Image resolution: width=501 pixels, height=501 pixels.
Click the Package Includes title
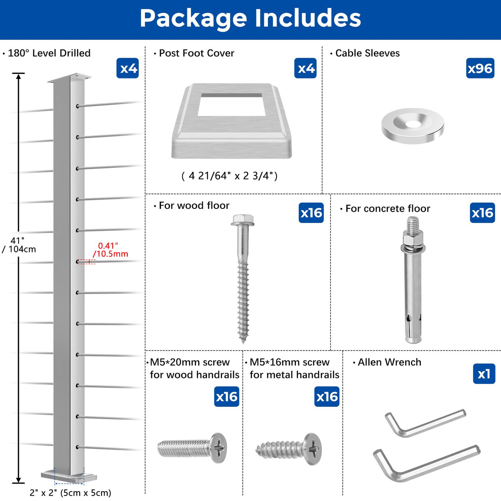coord(250,19)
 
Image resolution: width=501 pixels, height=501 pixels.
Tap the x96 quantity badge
coord(480,68)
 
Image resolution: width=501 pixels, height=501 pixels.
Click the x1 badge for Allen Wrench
coord(484,374)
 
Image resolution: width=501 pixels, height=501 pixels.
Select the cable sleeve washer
coord(412,125)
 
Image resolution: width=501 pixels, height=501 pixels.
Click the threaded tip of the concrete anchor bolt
coord(413,226)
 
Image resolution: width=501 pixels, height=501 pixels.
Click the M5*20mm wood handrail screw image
coord(192,448)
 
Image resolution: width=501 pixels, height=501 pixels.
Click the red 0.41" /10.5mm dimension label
coord(111,250)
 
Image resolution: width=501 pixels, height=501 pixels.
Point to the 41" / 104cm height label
coord(19,245)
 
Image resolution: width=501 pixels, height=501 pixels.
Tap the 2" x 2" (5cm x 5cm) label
coord(70,493)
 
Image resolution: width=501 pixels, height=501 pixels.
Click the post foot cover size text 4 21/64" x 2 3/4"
coord(229,176)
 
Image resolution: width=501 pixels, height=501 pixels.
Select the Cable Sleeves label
coord(367,53)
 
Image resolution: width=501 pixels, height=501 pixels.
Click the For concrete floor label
coord(388,208)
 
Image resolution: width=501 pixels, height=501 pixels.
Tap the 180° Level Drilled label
coord(49,53)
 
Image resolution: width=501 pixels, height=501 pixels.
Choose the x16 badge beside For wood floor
coord(311,213)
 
